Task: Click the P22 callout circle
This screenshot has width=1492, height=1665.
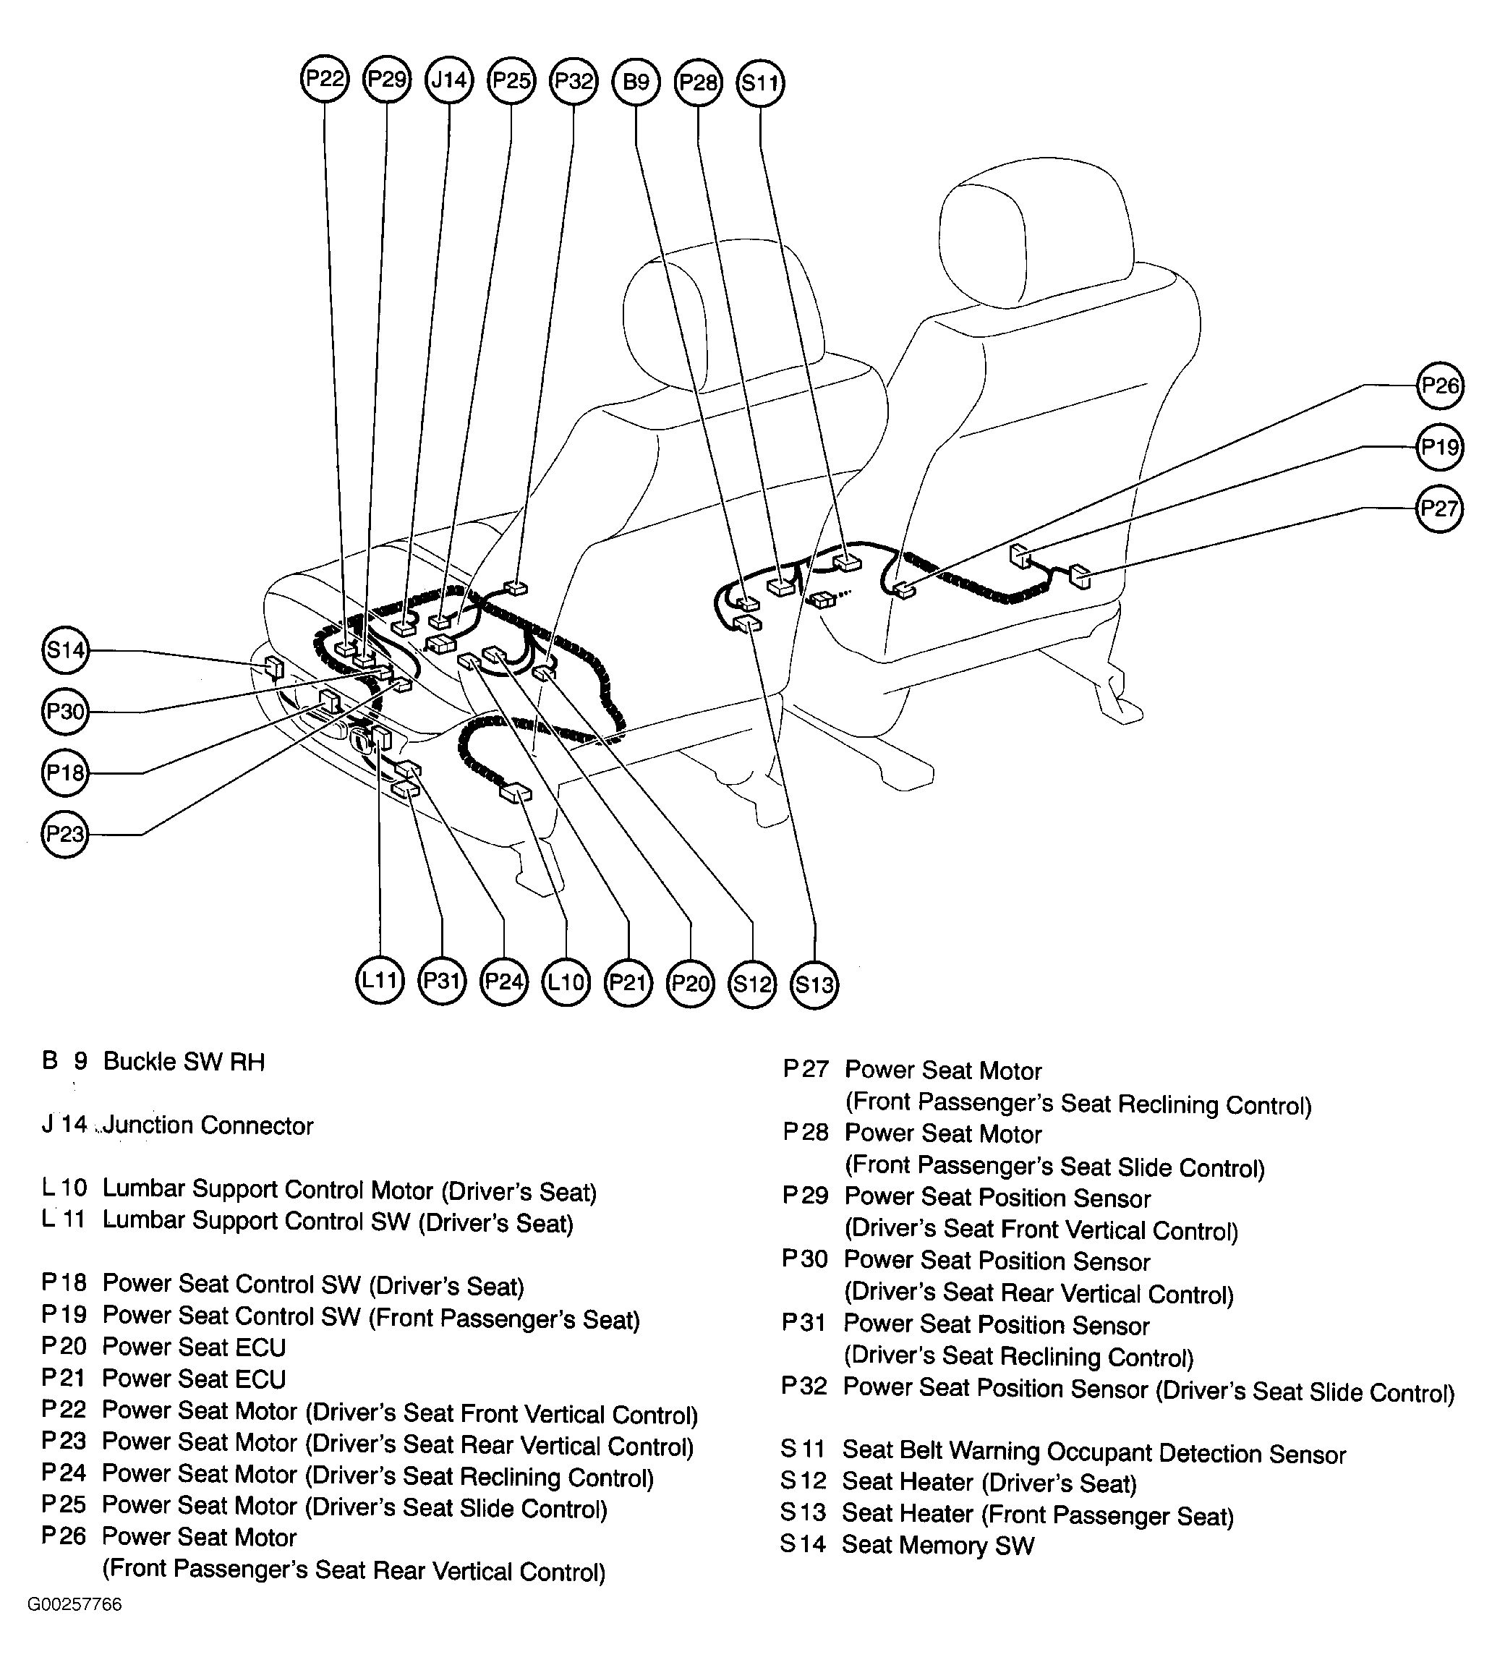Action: [325, 80]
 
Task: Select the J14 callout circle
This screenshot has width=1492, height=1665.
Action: [449, 80]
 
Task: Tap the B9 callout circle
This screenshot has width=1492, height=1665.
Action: [636, 81]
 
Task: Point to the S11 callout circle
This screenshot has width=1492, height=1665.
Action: [761, 82]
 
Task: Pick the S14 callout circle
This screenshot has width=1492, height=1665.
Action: [65, 650]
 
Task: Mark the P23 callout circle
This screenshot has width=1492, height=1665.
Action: [65, 834]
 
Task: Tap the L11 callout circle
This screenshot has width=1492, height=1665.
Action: [380, 981]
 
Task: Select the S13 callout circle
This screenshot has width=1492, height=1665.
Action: [815, 984]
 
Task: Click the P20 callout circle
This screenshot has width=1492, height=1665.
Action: [690, 982]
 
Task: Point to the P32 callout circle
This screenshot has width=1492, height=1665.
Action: [574, 80]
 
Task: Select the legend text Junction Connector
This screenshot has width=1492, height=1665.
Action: [208, 1125]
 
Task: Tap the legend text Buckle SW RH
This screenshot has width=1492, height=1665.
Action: [184, 1063]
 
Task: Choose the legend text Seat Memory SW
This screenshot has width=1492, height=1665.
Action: [938, 1546]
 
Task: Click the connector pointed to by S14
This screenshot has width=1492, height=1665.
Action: [274, 668]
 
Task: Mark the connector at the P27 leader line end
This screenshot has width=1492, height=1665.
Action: [1081, 576]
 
